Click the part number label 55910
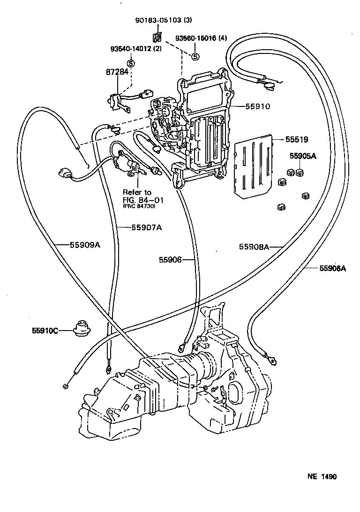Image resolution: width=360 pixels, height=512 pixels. tap(257, 106)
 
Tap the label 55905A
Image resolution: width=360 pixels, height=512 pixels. tap(302, 156)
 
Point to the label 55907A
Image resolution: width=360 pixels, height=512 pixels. tap(146, 228)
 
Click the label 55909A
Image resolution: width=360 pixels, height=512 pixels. tap(85, 244)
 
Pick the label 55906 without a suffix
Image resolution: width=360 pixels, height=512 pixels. tap(170, 259)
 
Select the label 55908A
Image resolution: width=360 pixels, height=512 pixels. tap(254, 247)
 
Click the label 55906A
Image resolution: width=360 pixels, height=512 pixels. tap(332, 268)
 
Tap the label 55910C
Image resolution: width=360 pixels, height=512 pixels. tap(45, 331)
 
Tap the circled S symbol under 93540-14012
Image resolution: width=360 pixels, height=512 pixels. tap(131, 63)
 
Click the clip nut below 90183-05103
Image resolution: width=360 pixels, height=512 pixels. tap(158, 38)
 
